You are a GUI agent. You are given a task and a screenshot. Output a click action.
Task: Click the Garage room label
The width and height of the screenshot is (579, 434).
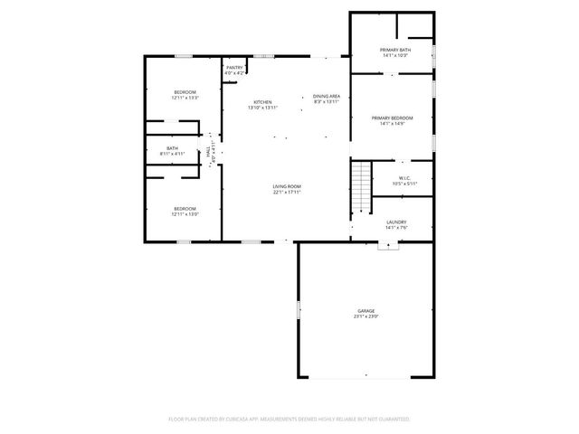pyautogui.click(x=365, y=311)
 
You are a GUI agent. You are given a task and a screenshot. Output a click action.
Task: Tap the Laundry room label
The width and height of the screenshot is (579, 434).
pyautogui.click(x=396, y=222)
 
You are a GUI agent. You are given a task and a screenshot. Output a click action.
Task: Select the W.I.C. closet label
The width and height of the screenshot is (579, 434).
pyautogui.click(x=405, y=178)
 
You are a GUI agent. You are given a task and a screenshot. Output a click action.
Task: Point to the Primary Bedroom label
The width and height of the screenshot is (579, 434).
pyautogui.click(x=393, y=118)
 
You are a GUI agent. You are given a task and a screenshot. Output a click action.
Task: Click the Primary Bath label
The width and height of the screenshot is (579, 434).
pyautogui.click(x=394, y=50)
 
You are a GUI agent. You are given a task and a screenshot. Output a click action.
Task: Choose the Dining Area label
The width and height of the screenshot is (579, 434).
pyautogui.click(x=326, y=96)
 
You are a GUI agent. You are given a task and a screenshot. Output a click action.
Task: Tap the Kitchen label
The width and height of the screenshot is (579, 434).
pyautogui.click(x=262, y=102)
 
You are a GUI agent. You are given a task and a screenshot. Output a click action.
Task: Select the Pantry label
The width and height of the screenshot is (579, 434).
pyautogui.click(x=234, y=67)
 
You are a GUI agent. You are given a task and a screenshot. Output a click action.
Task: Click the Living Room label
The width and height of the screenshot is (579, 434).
pyautogui.click(x=287, y=186)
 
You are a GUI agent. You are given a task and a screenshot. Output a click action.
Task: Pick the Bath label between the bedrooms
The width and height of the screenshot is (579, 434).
pyautogui.click(x=172, y=148)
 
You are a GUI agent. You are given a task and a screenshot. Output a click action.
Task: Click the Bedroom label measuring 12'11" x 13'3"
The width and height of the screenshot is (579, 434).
pyautogui.click(x=185, y=92)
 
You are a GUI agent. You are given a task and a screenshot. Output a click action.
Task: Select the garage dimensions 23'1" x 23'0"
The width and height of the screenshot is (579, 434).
pyautogui.click(x=365, y=316)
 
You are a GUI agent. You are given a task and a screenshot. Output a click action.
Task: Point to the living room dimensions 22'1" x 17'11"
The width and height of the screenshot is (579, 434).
pyautogui.click(x=287, y=192)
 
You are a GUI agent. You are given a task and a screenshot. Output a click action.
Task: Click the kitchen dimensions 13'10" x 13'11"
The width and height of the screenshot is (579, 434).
pyautogui.click(x=262, y=108)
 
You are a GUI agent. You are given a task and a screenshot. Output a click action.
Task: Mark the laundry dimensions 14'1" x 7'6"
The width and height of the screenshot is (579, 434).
pyautogui.click(x=396, y=227)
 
